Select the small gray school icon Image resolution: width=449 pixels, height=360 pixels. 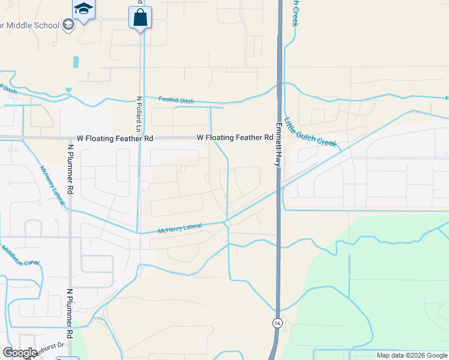(68, 25)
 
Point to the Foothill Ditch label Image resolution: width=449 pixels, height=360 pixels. (176, 101)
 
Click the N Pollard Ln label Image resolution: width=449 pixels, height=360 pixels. (137, 115)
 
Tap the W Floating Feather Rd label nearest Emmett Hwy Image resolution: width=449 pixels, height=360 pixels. (235, 137)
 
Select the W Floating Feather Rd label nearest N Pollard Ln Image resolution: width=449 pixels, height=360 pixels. (114, 138)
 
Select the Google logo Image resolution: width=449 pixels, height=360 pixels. (20, 353)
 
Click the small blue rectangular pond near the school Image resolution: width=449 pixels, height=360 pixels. (76, 62)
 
